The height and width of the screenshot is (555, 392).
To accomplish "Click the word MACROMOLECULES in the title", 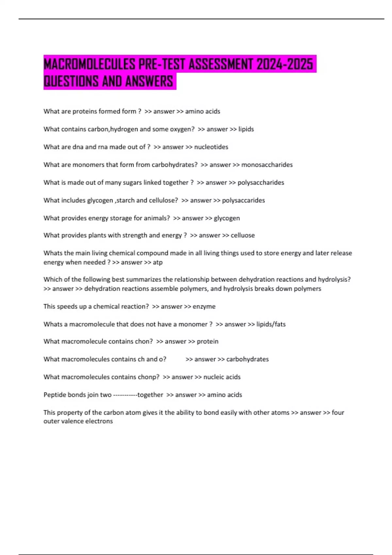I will click(x=89, y=64).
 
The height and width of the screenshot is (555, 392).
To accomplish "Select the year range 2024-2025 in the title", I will click(x=285, y=64).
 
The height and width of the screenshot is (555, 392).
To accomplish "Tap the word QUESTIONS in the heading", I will click(x=71, y=81).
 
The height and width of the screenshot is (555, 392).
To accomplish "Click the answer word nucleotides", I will click(x=211, y=147).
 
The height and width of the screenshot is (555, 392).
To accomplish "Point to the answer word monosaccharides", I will click(x=267, y=165).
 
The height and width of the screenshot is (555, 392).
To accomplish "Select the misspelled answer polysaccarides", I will click(x=243, y=200).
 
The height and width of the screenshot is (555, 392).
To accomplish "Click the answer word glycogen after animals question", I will click(x=227, y=218).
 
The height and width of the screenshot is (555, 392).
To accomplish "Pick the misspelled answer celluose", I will click(x=243, y=235).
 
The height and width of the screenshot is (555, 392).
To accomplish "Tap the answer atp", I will click(x=157, y=262).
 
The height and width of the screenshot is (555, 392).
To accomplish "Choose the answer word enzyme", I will click(x=204, y=307).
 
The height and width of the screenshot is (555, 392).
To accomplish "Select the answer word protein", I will click(x=207, y=341).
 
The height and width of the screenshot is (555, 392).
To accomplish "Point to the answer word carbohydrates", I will click(x=247, y=359).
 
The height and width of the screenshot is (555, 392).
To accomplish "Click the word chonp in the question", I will click(x=149, y=377).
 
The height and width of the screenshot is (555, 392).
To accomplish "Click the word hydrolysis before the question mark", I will click(x=334, y=279).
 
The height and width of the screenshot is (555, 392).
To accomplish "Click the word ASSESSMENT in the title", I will click(x=220, y=64).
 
